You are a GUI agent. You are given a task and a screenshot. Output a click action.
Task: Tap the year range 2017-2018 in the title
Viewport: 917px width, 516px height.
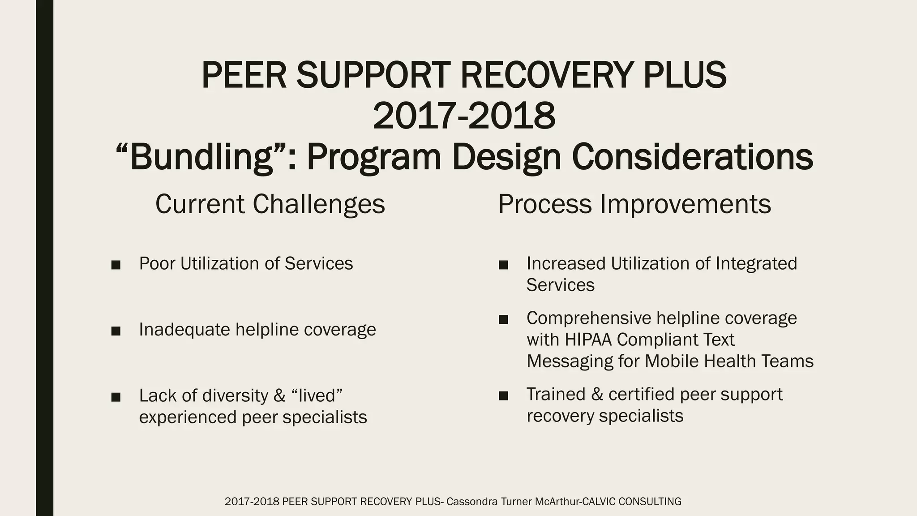pos(464,116)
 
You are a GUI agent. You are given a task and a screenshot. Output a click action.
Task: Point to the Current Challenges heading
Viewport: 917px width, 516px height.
pos(270,204)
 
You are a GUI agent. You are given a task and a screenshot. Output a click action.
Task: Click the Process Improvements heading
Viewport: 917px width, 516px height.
pos(634,204)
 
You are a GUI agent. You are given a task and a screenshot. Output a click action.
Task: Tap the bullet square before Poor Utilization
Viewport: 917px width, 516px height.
pos(116,265)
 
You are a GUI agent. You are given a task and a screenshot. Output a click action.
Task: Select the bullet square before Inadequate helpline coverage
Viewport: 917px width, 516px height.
pos(116,331)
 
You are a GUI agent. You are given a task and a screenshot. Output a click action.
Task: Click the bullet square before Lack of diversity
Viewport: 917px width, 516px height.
pos(116,397)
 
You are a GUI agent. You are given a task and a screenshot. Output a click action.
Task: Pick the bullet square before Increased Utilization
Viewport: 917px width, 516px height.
pos(503,265)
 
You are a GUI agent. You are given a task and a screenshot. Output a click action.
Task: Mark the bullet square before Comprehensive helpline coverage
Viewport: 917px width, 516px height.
pos(503,319)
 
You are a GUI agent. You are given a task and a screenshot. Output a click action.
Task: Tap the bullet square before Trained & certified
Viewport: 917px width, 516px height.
pos(503,396)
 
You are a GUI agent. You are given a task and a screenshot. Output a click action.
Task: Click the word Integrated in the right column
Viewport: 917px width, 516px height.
pos(756,263)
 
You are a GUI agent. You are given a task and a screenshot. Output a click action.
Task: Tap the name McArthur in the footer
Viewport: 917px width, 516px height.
pos(558,502)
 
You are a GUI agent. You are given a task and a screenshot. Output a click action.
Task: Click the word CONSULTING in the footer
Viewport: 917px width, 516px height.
pos(650,502)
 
